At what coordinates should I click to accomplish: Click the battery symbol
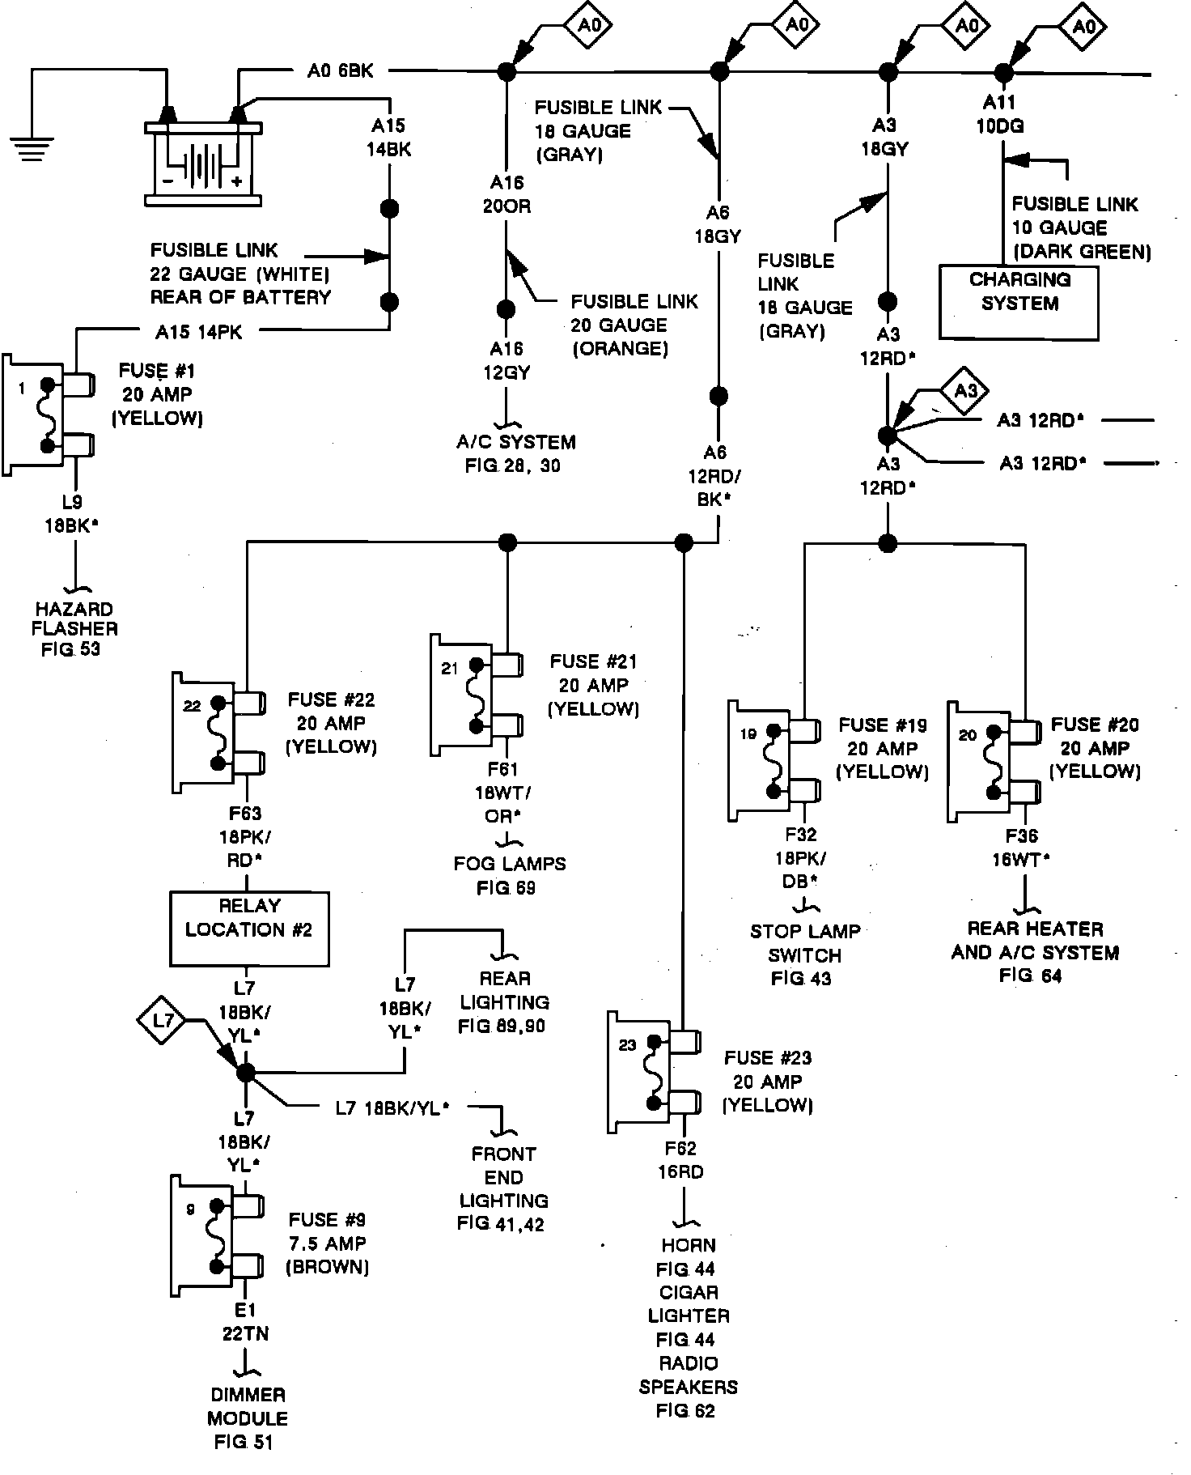(x=202, y=163)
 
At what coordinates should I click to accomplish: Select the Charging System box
(x=1018, y=301)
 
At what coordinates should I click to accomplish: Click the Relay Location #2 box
(x=249, y=928)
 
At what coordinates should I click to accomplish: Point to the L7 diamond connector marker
(x=164, y=1021)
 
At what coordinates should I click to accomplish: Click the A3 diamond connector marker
(x=965, y=392)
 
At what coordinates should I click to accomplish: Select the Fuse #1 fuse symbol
(x=49, y=415)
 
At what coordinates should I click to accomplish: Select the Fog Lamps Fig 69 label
(x=509, y=875)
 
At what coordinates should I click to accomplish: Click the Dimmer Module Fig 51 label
(x=247, y=1418)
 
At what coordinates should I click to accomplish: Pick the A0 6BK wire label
(x=340, y=71)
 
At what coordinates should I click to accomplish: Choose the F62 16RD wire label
(x=682, y=1159)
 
